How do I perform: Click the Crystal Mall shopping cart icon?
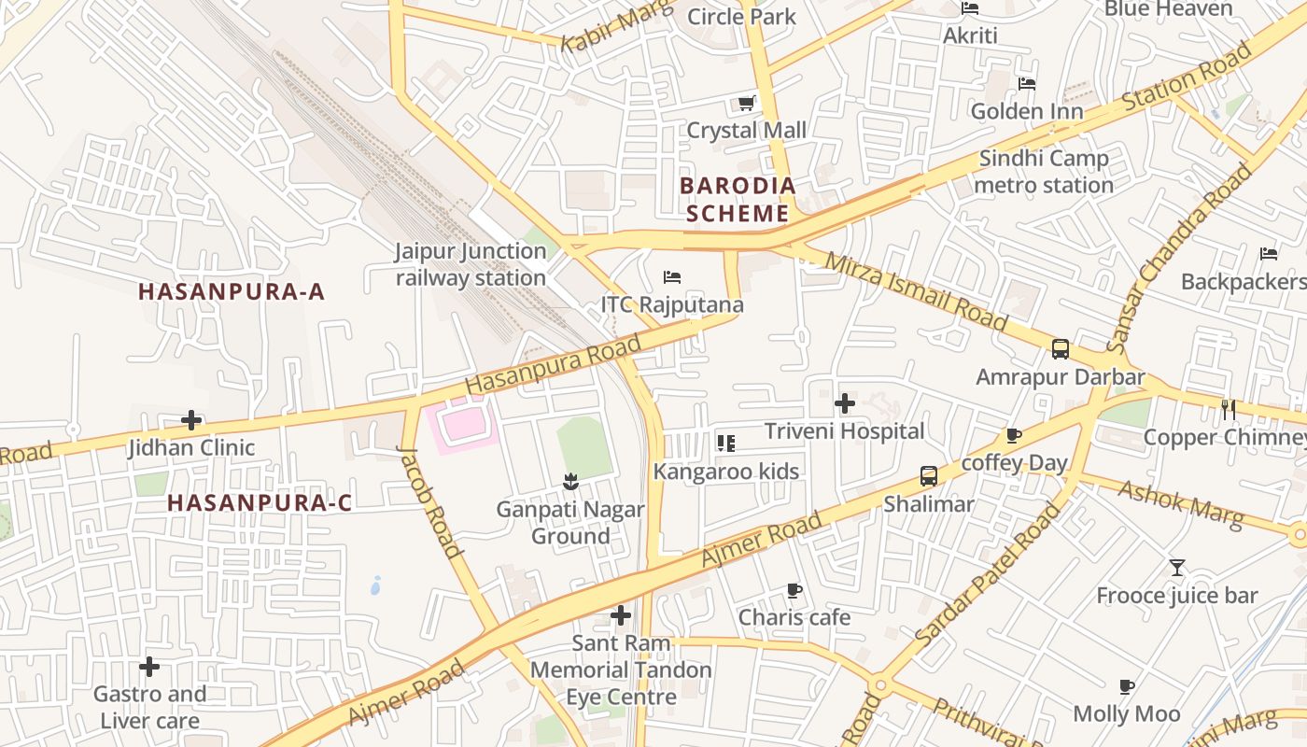746,103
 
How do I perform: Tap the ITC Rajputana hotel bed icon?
672,277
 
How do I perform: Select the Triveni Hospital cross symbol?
845,403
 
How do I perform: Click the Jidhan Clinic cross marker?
191,420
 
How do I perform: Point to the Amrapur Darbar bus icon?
1061,349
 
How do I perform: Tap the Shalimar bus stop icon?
929,476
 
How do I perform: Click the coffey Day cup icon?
1014,435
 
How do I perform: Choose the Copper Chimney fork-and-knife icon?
1229,409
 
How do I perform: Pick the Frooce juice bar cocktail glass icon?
1176,568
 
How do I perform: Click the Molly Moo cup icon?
1127,687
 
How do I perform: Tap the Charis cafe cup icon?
794,590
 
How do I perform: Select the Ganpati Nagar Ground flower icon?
570,482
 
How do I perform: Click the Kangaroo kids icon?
726,443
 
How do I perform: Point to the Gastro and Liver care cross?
149,667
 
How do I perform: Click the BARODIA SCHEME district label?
738,199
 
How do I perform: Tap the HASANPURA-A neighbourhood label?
232,291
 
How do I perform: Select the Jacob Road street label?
429,501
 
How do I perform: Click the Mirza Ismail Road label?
917,292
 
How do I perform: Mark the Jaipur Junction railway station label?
471,264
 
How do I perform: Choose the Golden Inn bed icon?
1027,84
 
